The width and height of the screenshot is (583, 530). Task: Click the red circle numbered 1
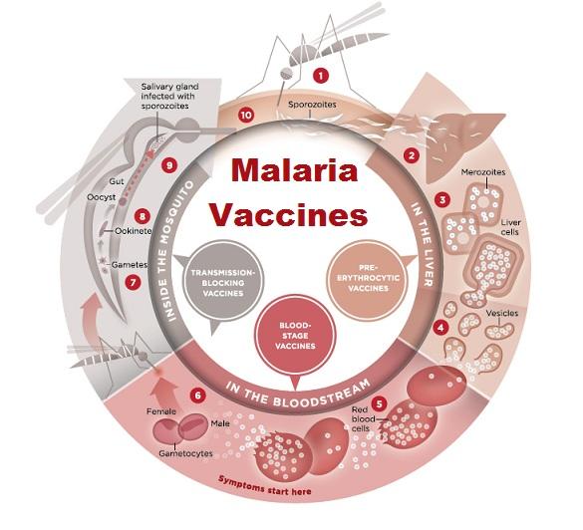[x=321, y=76]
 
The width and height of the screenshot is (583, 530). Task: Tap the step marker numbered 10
[x=246, y=116]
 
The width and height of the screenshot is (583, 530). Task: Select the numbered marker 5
[x=380, y=403]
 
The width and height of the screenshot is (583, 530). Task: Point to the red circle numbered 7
[x=133, y=282]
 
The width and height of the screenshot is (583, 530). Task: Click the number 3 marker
[x=442, y=200]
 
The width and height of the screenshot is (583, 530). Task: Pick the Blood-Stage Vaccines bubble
[x=296, y=336]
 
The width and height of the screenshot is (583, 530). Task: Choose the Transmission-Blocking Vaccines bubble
[x=223, y=283]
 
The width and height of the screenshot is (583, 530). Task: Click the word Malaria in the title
[x=294, y=170]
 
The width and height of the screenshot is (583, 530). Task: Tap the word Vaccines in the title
[x=289, y=214]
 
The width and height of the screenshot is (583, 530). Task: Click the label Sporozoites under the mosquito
[x=312, y=105]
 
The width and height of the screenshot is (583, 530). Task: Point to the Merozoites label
[x=483, y=172]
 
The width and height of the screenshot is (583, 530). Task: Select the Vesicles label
[x=502, y=313]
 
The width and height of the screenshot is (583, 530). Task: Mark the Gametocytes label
[x=185, y=453]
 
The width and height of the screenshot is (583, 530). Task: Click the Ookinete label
[x=133, y=231]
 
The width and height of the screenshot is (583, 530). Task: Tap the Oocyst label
[x=101, y=197]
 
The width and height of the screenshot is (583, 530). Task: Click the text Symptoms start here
[x=265, y=485]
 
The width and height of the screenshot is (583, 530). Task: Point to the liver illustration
[x=461, y=143]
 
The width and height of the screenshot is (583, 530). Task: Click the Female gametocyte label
[x=161, y=411]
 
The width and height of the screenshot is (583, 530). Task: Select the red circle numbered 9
[x=169, y=164]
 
